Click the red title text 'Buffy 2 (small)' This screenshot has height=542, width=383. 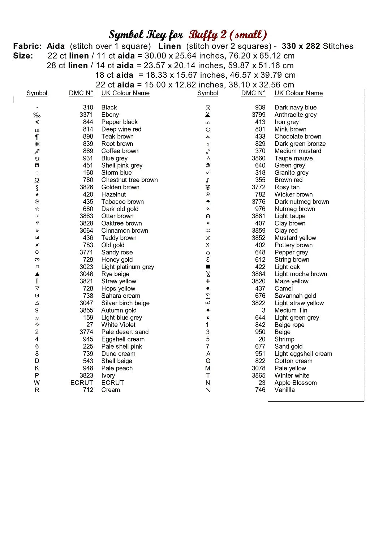[228, 35]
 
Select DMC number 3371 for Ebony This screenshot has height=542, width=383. [86, 115]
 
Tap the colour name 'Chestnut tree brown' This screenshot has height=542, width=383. [129, 180]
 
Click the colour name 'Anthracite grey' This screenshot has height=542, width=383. [295, 115]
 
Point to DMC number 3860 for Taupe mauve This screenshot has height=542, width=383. [258, 158]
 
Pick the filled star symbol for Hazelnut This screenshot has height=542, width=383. [37, 194]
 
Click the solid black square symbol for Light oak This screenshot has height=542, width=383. [208, 267]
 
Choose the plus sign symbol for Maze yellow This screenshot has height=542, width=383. [208, 281]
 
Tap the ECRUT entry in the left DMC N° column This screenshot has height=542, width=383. [82, 383]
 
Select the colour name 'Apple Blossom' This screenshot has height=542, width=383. [295, 383]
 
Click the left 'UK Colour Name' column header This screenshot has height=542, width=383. [125, 93]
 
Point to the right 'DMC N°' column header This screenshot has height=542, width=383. [253, 93]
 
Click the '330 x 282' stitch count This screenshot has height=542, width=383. [301, 46]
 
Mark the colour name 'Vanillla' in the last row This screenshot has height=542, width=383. [284, 390]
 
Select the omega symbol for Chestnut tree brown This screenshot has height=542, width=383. [37, 180]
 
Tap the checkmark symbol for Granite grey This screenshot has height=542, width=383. [208, 173]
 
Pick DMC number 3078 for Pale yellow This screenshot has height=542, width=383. [258, 368]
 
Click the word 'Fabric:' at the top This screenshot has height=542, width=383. [27, 46]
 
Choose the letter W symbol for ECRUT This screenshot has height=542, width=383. [37, 383]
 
